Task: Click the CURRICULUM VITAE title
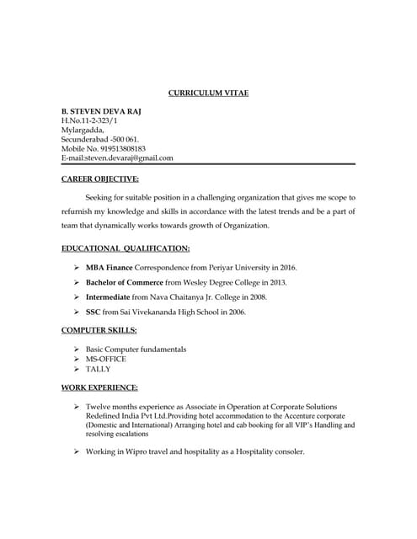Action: [208, 93]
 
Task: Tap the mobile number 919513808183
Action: [122, 148]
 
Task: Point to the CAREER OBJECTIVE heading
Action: [100, 179]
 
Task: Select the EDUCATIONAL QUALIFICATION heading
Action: [126, 248]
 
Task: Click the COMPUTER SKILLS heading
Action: [99, 330]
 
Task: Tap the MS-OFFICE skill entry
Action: [107, 359]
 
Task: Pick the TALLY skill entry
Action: [99, 369]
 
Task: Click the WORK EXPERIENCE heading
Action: [100, 387]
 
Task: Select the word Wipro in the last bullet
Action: [135, 452]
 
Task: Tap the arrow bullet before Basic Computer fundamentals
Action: [77, 349]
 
